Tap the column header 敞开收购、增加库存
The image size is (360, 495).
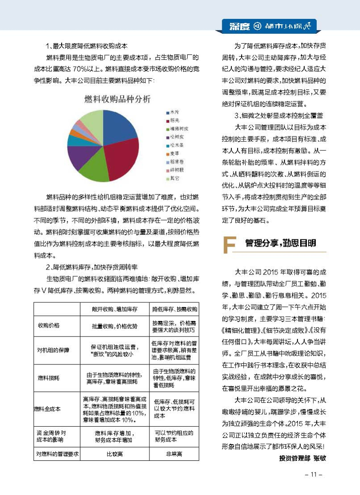[x=115, y=310]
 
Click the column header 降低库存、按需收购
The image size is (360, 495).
[x=175, y=310]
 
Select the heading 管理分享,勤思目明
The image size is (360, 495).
[x=280, y=243]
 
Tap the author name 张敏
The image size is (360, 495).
[x=319, y=458]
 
